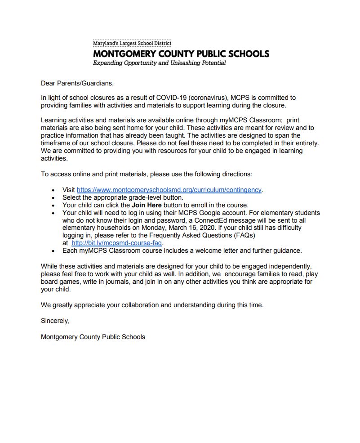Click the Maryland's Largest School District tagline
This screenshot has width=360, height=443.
pos(132,43)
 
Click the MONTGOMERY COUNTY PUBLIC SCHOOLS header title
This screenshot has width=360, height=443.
pos(181,54)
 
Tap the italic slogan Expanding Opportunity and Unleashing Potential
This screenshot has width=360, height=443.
pos(159,63)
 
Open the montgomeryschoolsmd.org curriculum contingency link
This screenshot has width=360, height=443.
pos(169,190)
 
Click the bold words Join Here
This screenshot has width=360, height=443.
pos(146,205)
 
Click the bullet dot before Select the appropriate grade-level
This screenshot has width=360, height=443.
pos(53,198)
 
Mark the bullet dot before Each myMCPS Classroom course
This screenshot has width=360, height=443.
pos(53,251)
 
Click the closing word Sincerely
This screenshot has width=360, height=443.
pos(55,321)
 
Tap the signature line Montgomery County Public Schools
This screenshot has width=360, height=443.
pos(93,336)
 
